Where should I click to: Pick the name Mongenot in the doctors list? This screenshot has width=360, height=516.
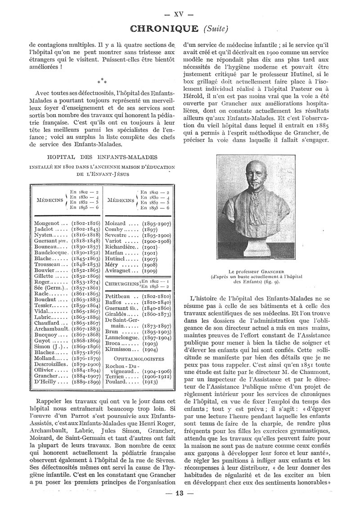coord(47,223)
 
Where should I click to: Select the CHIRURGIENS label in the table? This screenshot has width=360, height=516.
coord(121,283)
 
